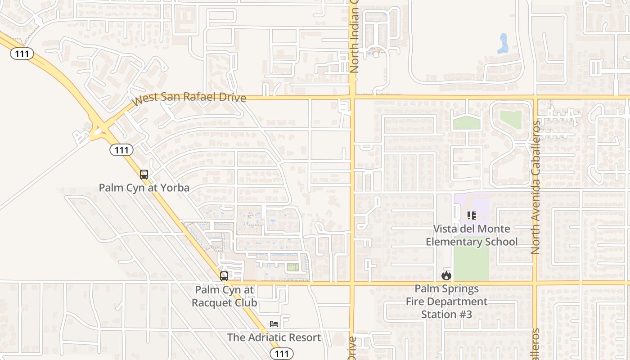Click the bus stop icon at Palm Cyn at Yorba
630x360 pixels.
click(x=144, y=175)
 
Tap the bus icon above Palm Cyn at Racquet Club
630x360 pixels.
click(x=224, y=276)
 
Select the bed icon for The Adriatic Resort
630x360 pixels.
click(x=274, y=324)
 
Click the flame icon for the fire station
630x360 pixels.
click(x=446, y=275)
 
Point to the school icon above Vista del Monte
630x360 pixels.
click(x=472, y=216)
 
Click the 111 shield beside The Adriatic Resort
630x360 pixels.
click(x=282, y=354)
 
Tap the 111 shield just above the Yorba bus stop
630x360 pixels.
click(x=121, y=150)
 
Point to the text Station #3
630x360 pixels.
click(x=446, y=314)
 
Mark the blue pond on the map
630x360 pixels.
click(x=503, y=43)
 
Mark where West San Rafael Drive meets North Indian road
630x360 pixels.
click(x=352, y=97)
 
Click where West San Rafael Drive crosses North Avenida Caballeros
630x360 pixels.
click(x=535, y=97)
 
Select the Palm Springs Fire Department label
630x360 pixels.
click(x=446, y=295)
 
